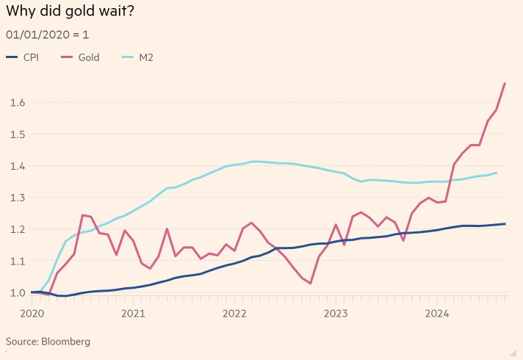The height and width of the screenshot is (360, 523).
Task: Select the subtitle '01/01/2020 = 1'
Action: (x=47, y=35)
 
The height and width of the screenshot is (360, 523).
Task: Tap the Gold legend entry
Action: (x=81, y=57)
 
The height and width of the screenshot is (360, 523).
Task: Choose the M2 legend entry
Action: (x=137, y=57)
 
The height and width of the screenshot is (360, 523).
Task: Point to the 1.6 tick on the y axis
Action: (x=18, y=103)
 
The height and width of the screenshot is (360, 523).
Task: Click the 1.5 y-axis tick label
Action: (x=18, y=134)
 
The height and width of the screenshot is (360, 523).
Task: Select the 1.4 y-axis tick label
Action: (x=18, y=166)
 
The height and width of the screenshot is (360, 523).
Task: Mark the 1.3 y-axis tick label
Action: (x=18, y=198)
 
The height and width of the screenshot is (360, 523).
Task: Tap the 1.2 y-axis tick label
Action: (x=18, y=229)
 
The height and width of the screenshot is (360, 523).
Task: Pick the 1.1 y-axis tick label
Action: (x=18, y=261)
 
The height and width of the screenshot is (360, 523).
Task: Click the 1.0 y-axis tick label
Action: (x=18, y=292)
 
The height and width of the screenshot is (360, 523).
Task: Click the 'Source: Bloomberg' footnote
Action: (x=48, y=342)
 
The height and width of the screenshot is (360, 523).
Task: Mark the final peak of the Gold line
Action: (x=505, y=83)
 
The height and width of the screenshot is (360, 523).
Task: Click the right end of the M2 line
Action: (x=497, y=173)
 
